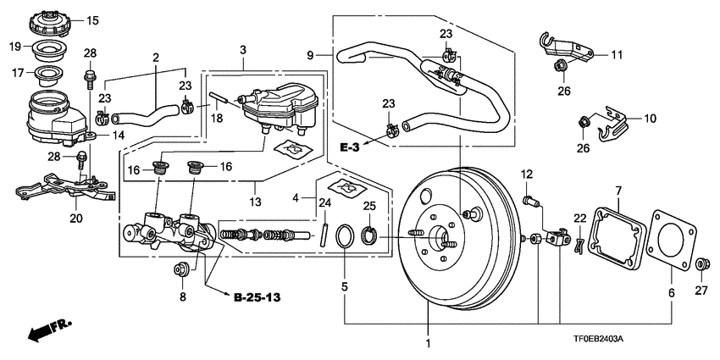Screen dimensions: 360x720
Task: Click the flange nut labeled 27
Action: pyautogui.click(x=701, y=267)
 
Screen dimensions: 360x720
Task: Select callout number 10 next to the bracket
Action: pyautogui.click(x=650, y=119)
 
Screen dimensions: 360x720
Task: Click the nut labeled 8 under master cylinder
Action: pyautogui.click(x=179, y=271)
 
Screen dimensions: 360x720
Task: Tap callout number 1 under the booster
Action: pyautogui.click(x=428, y=344)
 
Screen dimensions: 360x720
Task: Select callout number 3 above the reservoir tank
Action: pyautogui.click(x=242, y=51)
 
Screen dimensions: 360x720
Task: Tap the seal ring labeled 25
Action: pyautogui.click(x=369, y=233)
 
